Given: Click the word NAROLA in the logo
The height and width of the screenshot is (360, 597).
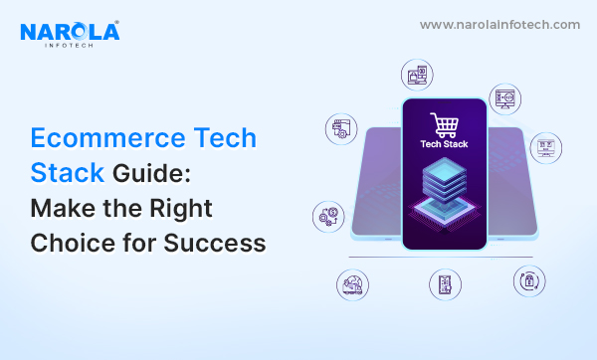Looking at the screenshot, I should [x=70, y=32].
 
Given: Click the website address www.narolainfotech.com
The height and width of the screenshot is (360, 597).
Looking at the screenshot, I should [x=498, y=24].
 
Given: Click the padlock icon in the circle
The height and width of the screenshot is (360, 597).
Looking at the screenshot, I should [x=528, y=281].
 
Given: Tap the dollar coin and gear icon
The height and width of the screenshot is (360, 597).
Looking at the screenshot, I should [x=327, y=216].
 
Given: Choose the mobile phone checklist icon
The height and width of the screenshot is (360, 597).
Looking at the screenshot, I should [x=445, y=285].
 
